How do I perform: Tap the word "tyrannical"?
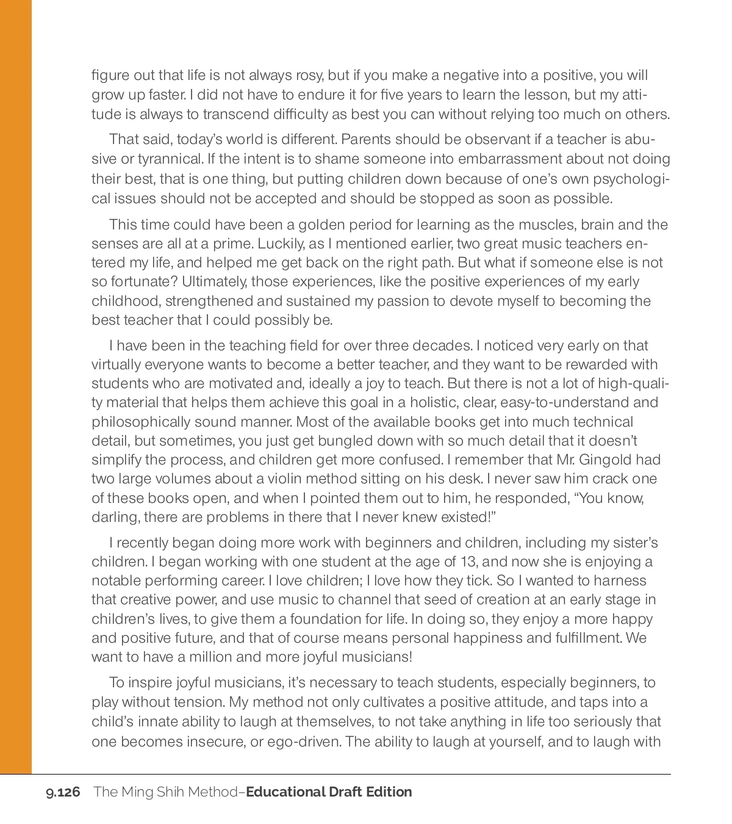pyautogui.click(x=168, y=159)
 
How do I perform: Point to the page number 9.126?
pyautogui.click(x=63, y=792)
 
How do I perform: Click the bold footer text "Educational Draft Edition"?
pyautogui.click(x=329, y=792)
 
